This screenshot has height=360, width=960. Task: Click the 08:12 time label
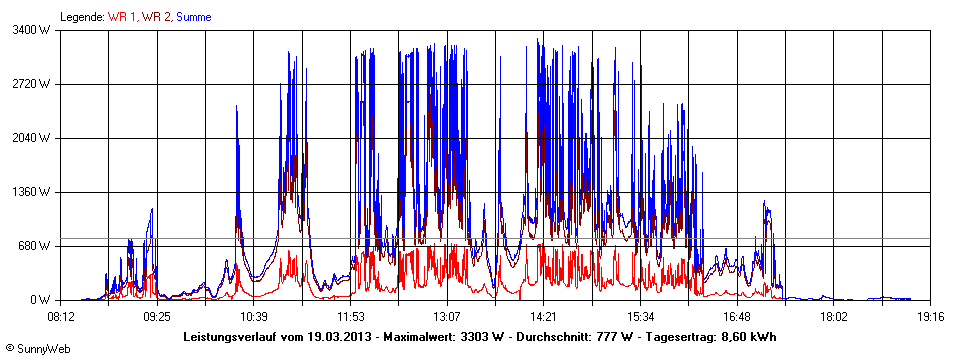(x=61, y=316)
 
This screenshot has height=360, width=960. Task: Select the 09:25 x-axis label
(x=157, y=316)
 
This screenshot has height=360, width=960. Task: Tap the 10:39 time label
(x=253, y=316)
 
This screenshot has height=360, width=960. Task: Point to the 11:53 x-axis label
(x=350, y=316)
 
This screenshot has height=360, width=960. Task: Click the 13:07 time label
(x=446, y=316)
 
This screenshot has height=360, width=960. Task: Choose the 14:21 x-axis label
(x=543, y=316)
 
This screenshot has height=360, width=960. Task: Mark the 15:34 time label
(x=640, y=316)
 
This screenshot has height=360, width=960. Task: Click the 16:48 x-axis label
(x=737, y=316)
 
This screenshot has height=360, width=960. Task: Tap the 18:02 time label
(x=833, y=316)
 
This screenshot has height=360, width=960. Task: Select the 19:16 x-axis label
(x=930, y=316)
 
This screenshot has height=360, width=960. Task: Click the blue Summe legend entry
(x=193, y=17)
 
